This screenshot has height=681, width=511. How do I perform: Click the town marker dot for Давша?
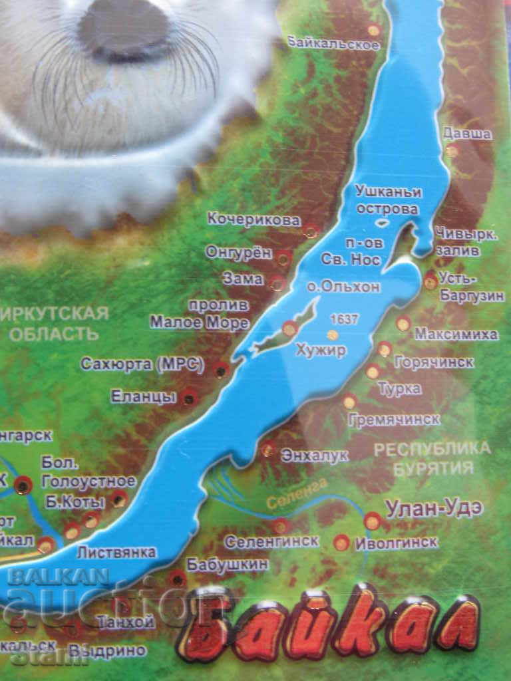(x=452, y=151)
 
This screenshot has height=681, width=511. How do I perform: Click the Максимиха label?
(x=456, y=334)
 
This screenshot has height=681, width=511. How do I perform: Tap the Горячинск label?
(x=434, y=362)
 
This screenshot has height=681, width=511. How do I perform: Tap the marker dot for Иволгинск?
(x=342, y=542)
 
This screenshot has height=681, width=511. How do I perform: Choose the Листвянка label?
(x=116, y=552)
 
